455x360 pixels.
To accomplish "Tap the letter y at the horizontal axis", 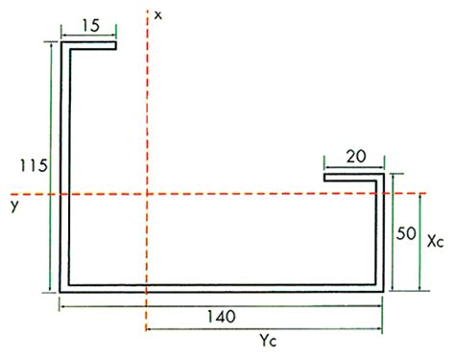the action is pos(12,204).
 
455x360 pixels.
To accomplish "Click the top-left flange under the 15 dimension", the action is pos(89,43).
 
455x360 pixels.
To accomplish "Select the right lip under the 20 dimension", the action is pos(354,177).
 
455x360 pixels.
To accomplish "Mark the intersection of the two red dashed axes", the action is pos(146,195).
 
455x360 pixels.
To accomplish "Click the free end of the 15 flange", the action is pos(116,43).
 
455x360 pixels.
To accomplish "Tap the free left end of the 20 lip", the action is pos(325,177).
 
